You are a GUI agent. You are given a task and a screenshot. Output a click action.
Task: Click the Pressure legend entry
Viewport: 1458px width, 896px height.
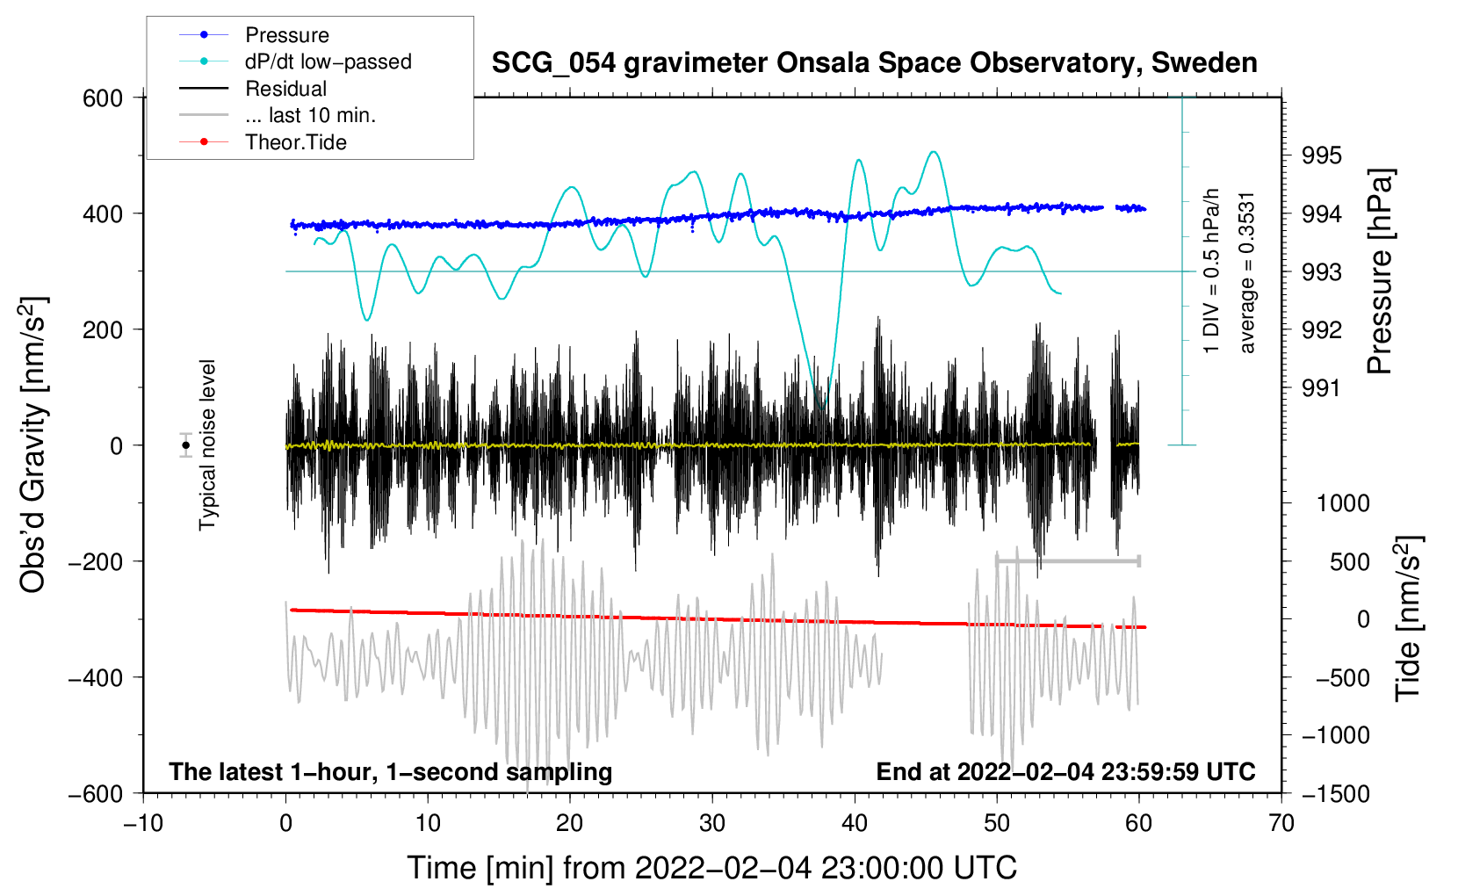[286, 35]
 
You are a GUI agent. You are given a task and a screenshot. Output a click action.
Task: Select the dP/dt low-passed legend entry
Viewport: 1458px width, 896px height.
[328, 61]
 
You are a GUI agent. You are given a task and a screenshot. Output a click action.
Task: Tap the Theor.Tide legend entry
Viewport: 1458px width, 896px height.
[295, 142]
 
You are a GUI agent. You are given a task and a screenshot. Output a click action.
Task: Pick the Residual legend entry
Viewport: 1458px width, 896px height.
[285, 89]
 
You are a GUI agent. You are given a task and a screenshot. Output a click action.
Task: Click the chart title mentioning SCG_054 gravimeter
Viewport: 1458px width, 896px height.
[874, 63]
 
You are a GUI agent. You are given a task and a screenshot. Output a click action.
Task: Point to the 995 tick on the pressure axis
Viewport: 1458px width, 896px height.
[1322, 155]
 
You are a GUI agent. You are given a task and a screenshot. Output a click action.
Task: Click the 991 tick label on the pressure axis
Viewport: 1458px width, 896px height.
[1322, 388]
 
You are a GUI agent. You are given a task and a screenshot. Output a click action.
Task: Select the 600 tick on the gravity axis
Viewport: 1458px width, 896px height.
[103, 98]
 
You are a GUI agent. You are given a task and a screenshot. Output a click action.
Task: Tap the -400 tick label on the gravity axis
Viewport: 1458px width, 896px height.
[96, 677]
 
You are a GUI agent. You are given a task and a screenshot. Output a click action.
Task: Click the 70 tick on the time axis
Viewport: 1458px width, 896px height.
[1281, 823]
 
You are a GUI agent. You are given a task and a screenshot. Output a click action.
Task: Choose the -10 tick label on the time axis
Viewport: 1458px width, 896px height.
[143, 823]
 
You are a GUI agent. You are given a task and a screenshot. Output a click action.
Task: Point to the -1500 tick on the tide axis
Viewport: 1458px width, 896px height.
[1335, 793]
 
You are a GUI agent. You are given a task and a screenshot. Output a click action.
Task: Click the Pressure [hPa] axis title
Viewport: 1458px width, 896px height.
[1381, 272]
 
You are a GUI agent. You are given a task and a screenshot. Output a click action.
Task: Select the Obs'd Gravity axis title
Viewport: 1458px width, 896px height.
[33, 445]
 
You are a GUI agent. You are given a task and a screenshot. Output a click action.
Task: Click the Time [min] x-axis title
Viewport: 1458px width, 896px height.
[711, 868]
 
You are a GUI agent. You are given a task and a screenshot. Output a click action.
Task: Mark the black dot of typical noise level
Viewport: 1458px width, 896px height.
[185, 445]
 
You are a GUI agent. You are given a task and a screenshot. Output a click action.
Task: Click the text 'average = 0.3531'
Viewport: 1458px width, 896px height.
[1247, 272]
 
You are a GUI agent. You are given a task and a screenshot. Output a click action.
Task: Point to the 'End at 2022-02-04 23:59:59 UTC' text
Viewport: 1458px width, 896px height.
[1065, 771]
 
